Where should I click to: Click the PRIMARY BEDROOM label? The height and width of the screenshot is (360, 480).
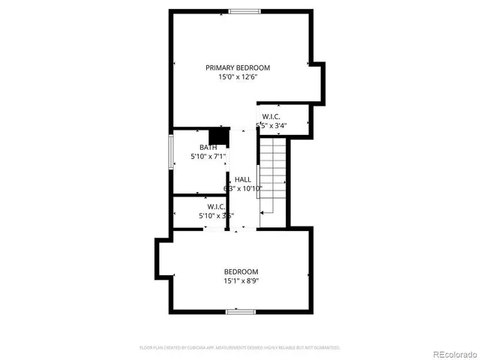tap(238, 67)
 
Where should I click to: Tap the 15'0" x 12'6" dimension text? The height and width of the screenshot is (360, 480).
tap(238, 76)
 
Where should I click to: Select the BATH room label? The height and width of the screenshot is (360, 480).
tap(208, 147)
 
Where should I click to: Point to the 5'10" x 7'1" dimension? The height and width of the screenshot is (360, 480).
tap(208, 156)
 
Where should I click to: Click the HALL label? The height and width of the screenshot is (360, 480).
tap(242, 179)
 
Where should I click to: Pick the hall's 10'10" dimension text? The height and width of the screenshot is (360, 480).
tap(242, 188)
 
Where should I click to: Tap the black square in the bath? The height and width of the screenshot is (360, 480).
tap(218, 136)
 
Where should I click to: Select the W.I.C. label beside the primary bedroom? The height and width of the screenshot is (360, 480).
tap(271, 116)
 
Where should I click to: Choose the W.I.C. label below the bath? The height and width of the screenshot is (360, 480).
tap(217, 206)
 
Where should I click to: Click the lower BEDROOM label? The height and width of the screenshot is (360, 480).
tap(241, 271)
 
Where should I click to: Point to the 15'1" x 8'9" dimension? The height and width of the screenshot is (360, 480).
tap(241, 281)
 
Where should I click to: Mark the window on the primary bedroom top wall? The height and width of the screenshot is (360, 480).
tap(245, 10)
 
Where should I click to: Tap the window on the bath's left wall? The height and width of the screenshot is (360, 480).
tap(171, 153)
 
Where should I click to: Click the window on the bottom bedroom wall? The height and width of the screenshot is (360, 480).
tap(241, 311)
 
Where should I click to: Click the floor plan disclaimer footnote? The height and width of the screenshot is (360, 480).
tap(240, 348)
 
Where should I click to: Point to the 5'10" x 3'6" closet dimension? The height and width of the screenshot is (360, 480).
tap(217, 216)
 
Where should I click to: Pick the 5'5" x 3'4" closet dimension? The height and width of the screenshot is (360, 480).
tap(271, 125)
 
